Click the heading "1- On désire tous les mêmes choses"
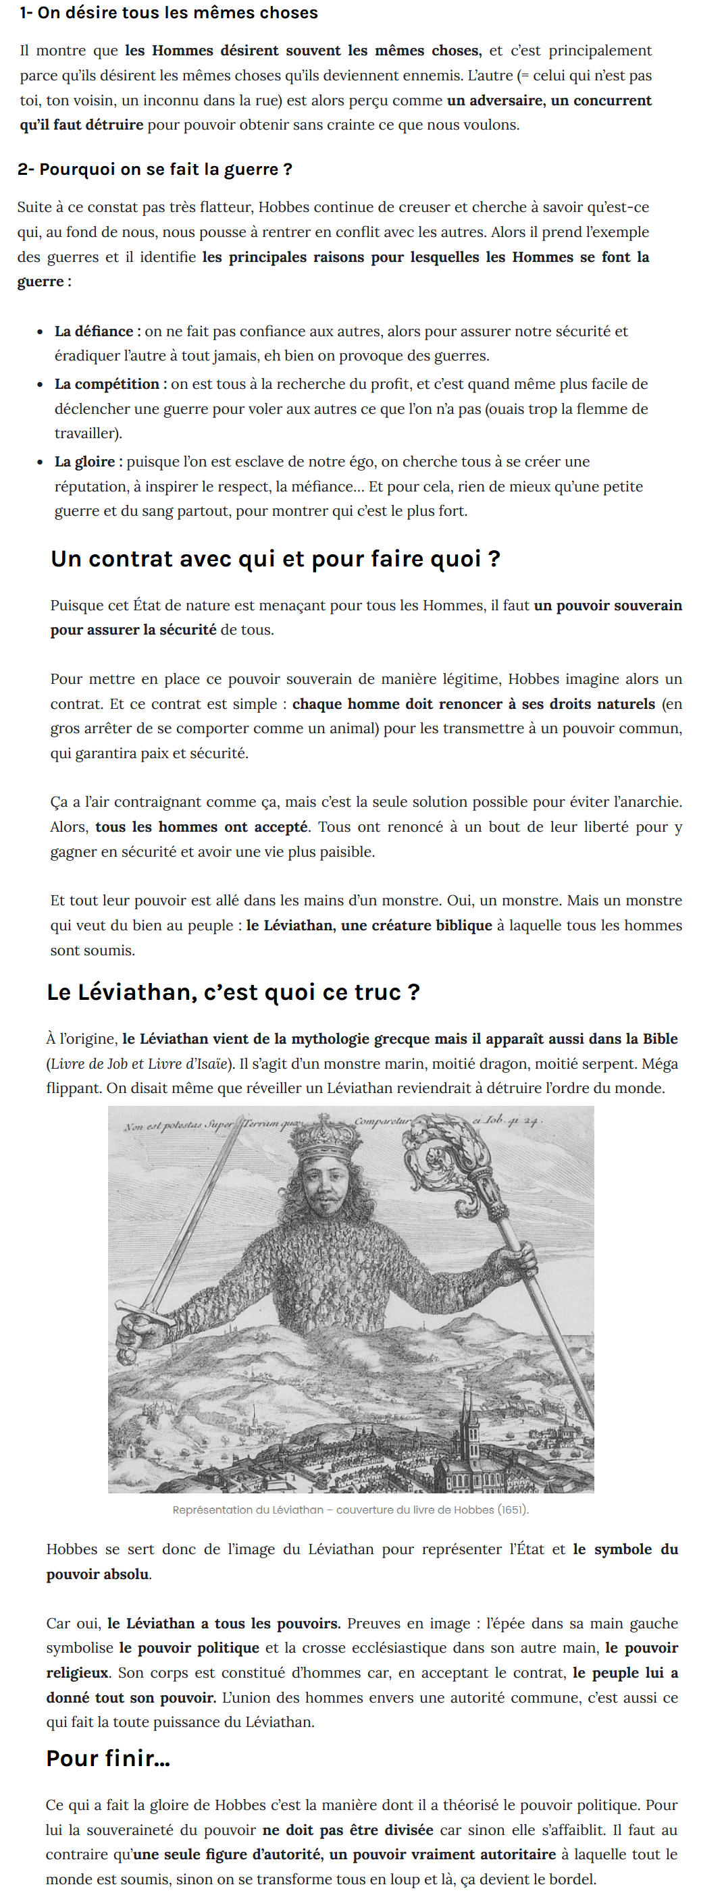click(168, 12)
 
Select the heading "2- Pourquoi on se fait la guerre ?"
click(155, 169)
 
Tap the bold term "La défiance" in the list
click(93, 331)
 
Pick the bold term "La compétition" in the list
click(107, 384)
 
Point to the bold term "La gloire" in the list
click(84, 462)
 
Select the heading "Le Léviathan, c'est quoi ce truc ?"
click(233, 992)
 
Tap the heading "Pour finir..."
click(108, 1758)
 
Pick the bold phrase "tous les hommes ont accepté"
click(201, 826)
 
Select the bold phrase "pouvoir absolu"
click(98, 1574)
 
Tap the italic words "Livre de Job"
click(77, 1064)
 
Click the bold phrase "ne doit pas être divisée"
click(347, 1830)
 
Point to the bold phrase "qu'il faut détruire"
click(82, 125)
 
